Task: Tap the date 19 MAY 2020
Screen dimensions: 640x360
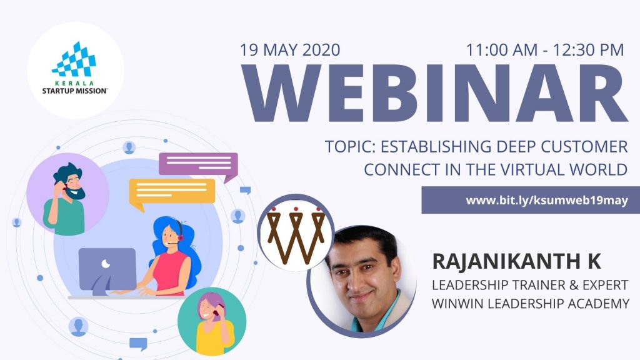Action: [x=290, y=50]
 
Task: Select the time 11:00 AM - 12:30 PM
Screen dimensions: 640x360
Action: [x=545, y=50]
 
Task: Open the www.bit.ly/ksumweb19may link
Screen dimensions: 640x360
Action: [x=547, y=201]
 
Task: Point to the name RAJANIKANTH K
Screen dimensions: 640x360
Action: [x=516, y=261]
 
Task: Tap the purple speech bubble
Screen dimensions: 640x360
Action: [x=198, y=165]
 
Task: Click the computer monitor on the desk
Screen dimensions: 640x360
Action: [x=107, y=271]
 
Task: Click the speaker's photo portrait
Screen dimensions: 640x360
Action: [x=362, y=281]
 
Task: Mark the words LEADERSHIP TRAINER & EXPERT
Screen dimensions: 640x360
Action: [x=530, y=285]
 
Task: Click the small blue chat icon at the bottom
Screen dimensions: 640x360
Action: [x=138, y=344]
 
